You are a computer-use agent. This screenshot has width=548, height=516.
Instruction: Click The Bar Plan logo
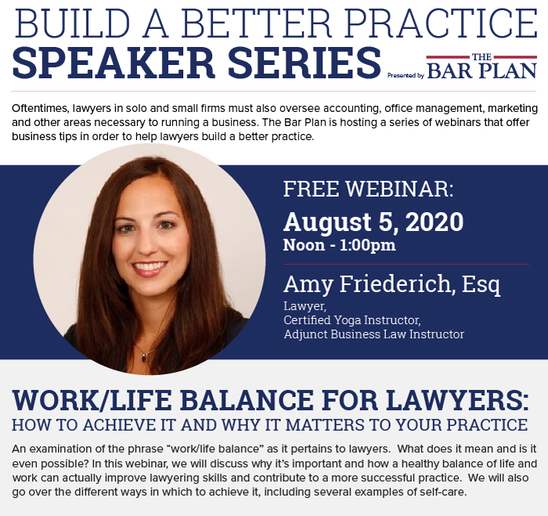481,67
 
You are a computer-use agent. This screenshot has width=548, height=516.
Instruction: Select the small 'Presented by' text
405,76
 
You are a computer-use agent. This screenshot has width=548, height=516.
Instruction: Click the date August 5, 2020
373,222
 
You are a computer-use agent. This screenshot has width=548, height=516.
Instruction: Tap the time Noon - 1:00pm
339,244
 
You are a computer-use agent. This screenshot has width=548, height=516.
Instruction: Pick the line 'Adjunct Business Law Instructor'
373,334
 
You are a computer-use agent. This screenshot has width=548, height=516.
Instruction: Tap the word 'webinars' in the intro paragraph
440,122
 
